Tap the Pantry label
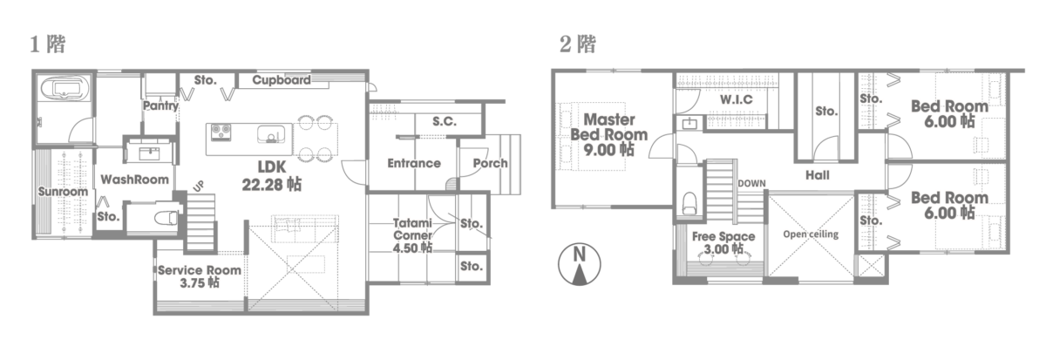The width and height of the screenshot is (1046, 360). [160, 106]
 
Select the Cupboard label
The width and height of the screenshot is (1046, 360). [282, 80]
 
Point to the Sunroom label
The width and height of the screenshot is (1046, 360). [64, 192]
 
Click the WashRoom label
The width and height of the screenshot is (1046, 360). [134, 180]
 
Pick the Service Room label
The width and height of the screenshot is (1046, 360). [200, 270]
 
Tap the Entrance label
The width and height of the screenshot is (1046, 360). [414, 163]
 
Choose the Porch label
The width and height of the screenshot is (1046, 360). [490, 163]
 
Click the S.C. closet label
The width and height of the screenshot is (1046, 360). [445, 121]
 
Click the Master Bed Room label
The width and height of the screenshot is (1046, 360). [608, 127]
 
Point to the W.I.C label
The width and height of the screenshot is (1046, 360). [737, 100]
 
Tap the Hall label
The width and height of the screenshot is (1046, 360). [818, 175]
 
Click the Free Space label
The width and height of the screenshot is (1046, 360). [723, 237]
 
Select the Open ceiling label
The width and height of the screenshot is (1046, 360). [811, 235]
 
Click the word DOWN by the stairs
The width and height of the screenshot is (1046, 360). [751, 184]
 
